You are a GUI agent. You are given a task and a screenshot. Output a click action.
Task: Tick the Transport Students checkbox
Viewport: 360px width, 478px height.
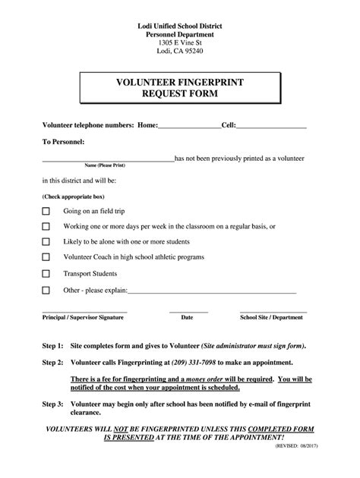[x=46, y=273]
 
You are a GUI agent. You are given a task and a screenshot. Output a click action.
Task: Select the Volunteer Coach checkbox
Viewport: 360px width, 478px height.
[x=46, y=257]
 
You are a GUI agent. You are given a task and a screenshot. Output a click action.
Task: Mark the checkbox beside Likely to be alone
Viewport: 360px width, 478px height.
[x=46, y=242]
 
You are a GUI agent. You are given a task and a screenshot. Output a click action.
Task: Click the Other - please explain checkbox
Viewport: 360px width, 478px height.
[x=46, y=290]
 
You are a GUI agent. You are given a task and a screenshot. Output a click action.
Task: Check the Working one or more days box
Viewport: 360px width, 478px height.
[x=46, y=226]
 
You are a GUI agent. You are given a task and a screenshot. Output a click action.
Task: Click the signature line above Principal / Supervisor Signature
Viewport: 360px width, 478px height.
[x=84, y=311]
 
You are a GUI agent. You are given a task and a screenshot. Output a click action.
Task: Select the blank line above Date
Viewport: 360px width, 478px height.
[x=188, y=311]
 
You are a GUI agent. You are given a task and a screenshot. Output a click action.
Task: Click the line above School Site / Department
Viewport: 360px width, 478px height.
[x=273, y=311]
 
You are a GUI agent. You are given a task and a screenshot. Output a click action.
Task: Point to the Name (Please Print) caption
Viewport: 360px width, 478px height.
[x=106, y=165]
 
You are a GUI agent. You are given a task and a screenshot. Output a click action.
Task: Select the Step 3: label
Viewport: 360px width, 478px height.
[x=52, y=405]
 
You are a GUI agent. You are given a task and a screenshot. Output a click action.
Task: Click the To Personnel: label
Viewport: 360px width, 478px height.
[x=63, y=142]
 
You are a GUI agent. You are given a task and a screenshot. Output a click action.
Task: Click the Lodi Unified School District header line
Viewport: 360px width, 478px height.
[x=180, y=27]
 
